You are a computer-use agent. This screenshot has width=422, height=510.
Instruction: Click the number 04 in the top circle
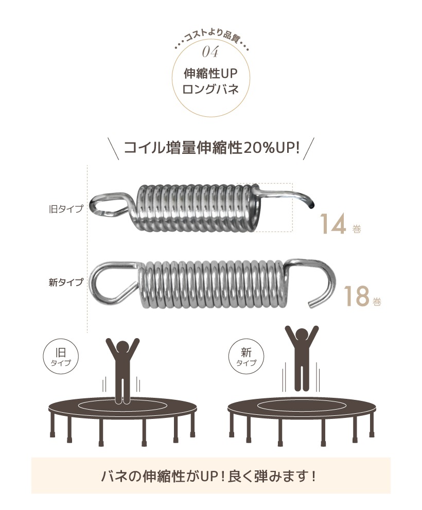(210, 51)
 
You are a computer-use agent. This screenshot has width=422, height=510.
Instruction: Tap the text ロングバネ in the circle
(210, 89)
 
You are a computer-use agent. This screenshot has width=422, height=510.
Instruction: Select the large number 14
(333, 224)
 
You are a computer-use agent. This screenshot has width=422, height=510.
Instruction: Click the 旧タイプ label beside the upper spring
(66, 208)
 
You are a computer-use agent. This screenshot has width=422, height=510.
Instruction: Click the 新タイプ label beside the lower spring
(66, 282)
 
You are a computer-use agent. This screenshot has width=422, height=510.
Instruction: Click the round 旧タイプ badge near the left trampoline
(61, 356)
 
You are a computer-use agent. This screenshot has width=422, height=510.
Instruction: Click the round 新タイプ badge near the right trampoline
(247, 356)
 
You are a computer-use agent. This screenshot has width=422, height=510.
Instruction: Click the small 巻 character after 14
(357, 230)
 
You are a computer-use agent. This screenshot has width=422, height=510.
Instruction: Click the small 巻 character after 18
(377, 302)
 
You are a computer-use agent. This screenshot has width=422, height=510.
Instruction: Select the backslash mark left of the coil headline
(113, 149)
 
